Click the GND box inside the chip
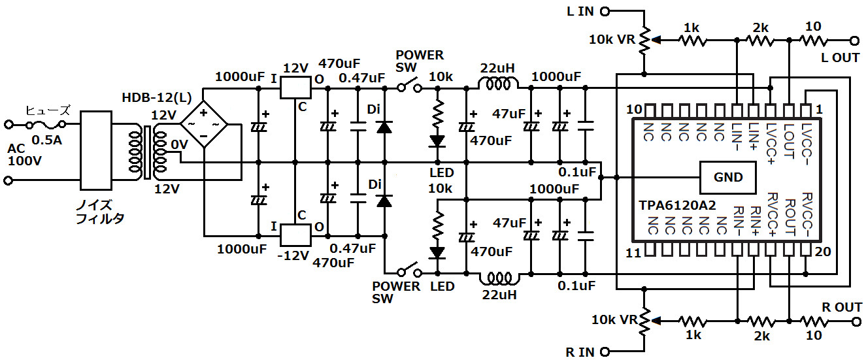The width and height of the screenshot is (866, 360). click(728, 176)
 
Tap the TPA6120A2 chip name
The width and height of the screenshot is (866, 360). click(677, 205)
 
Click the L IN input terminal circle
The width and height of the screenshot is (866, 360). click(605, 10)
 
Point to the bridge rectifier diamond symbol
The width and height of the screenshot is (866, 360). click(203, 122)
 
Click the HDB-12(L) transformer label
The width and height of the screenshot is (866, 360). click(157, 98)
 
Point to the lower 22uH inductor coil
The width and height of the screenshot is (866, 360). click(499, 278)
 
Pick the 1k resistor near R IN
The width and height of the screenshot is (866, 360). click(692, 321)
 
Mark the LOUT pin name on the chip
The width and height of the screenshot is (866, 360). click(789, 139)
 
